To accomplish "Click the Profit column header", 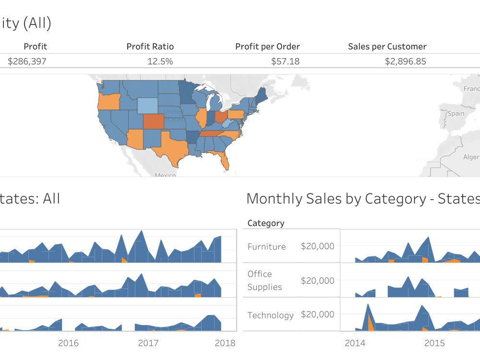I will click(x=35, y=47).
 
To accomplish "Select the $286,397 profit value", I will click(x=27, y=61).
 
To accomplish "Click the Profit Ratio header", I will click(x=150, y=47).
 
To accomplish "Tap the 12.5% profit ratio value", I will click(x=161, y=61).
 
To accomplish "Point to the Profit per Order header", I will click(x=267, y=47).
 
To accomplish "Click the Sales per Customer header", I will click(x=387, y=47).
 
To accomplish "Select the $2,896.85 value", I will click(x=405, y=61).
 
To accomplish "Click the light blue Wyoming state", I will click(x=147, y=105).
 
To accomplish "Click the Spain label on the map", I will click(x=456, y=114).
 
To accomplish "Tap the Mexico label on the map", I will click(x=165, y=175).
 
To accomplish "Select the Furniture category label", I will click(x=266, y=247).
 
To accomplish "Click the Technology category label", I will click(x=270, y=315).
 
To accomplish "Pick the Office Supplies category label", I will click(x=264, y=280).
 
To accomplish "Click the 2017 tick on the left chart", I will click(x=148, y=343).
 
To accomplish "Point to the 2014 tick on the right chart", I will click(x=355, y=343).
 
